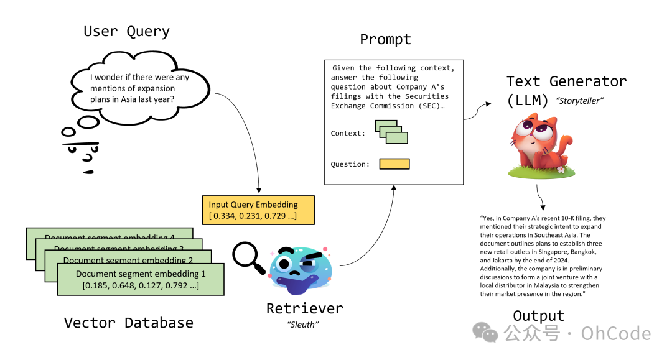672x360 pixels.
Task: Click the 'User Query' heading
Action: pos(126,31)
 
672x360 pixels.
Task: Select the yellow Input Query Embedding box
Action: pos(258,210)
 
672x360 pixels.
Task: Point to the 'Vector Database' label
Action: pos(128,323)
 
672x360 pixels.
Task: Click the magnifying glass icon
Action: pos(248,257)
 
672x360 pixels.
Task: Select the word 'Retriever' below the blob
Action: pos(304,308)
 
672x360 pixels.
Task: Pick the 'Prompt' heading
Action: pos(385,40)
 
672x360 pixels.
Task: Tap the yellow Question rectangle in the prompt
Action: pos(394,164)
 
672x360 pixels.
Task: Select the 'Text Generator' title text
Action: pos(566,81)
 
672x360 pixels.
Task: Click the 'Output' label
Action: pos(538,315)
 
